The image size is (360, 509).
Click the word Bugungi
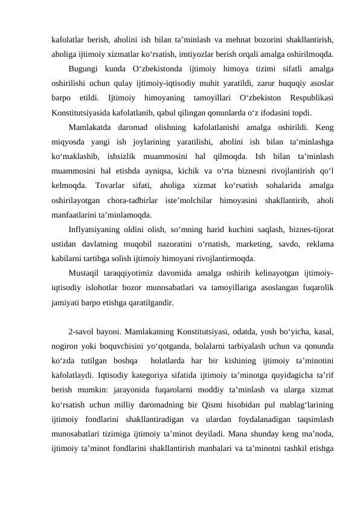pyautogui.click(x=85, y=68)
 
